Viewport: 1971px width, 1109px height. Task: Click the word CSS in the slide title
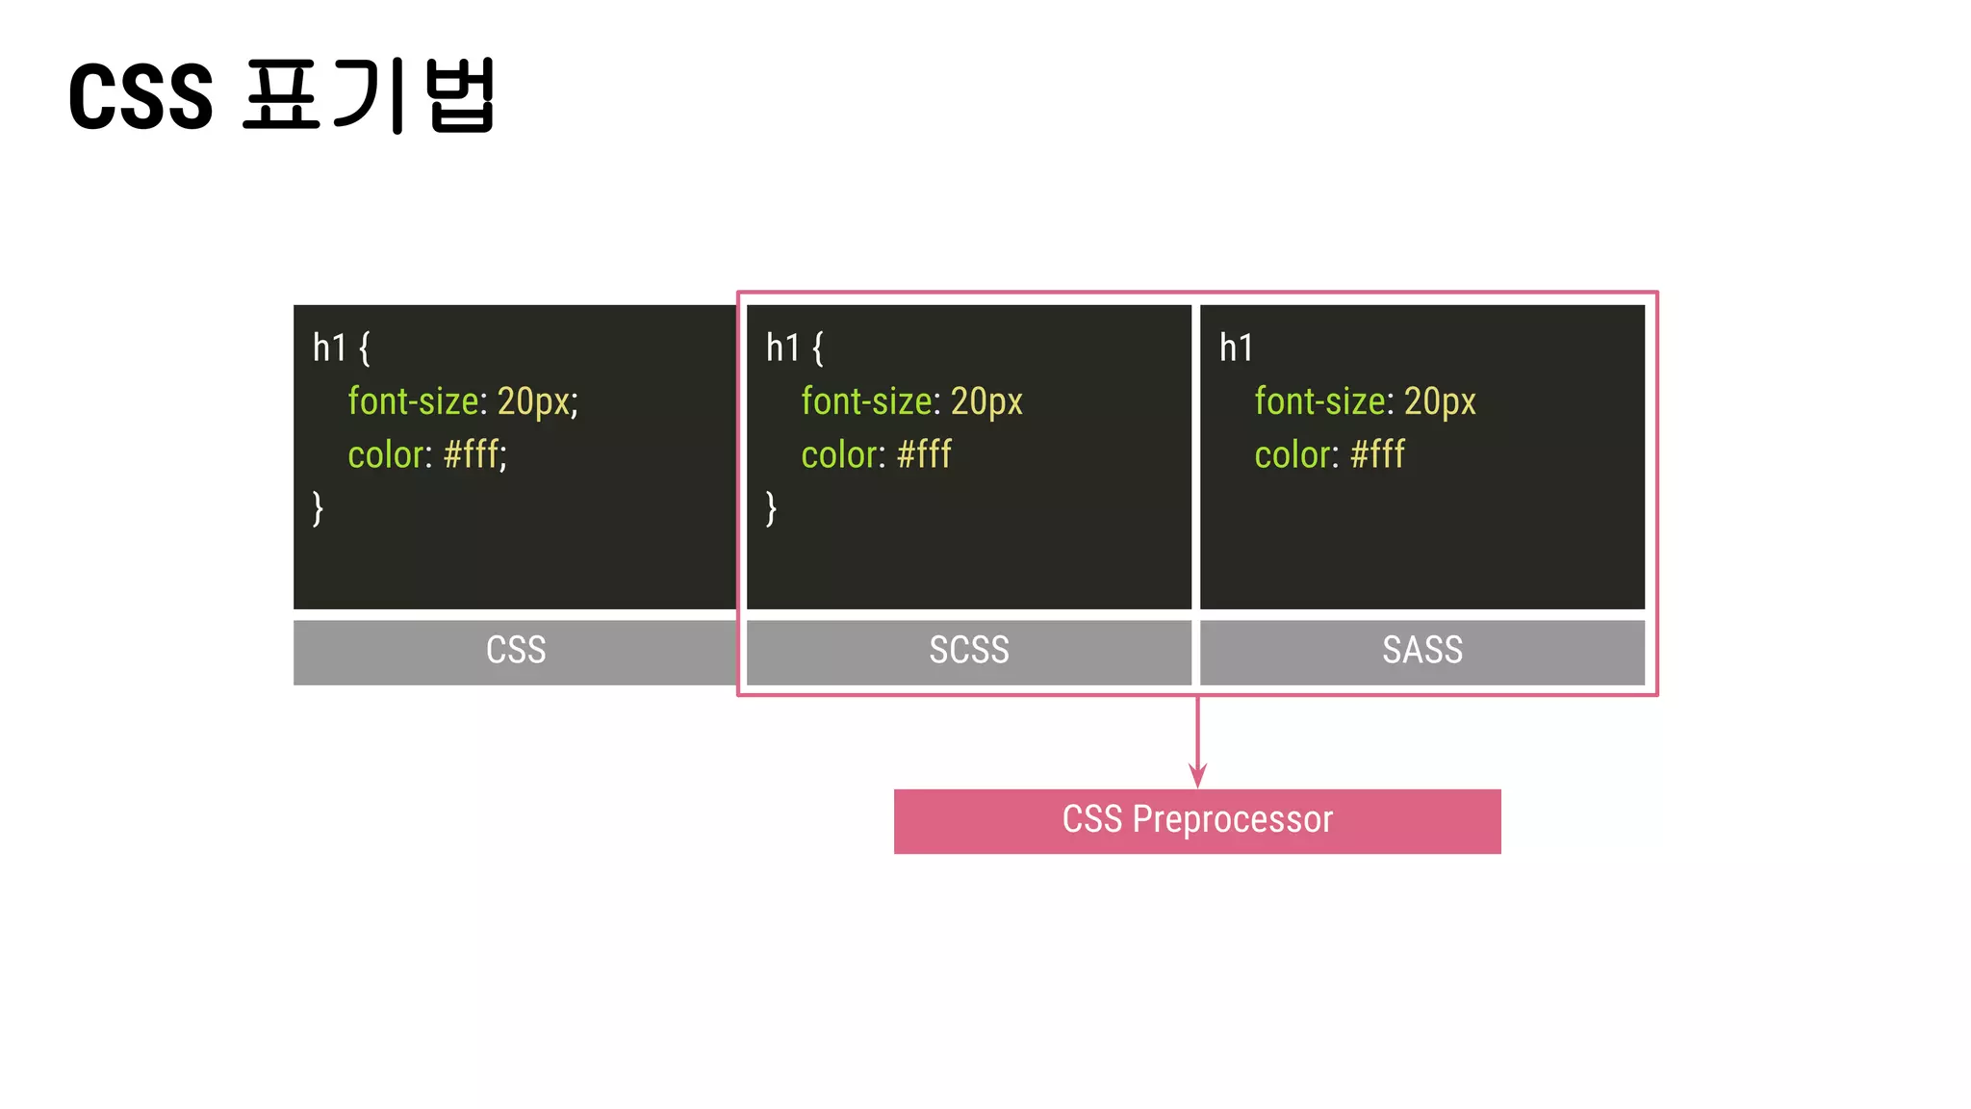point(141,96)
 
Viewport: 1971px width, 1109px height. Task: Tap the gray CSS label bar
point(515,652)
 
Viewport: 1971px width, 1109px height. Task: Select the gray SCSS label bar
point(968,652)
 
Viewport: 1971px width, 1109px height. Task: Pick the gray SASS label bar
point(1421,652)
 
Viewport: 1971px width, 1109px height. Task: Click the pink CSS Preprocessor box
point(1196,821)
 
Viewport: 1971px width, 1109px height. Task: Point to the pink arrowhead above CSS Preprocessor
point(1197,775)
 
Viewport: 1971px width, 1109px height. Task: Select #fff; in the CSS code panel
point(474,454)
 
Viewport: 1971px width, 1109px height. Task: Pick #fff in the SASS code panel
point(1377,454)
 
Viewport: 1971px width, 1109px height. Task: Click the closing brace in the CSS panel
point(318,508)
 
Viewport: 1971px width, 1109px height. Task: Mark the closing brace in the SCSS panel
point(771,508)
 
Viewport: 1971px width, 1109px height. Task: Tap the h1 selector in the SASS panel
point(1236,348)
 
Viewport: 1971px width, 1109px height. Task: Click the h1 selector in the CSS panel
point(329,348)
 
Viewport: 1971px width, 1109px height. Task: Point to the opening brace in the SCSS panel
point(818,348)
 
